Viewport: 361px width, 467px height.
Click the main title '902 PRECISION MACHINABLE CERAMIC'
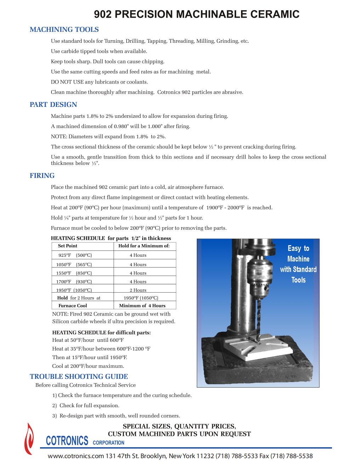pyautogui.click(x=196, y=15)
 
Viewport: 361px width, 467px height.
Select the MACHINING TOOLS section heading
pyautogui.click(x=64, y=29)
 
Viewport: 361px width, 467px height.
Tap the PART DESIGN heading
pyautogui.click(x=53, y=104)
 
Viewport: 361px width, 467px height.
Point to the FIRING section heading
pyautogui.click(x=42, y=175)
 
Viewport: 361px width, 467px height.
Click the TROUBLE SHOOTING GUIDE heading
pyautogui.click(x=79, y=376)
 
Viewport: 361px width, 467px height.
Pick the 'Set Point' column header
pyautogui.click(x=67, y=246)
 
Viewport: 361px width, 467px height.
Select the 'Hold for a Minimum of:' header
pyautogui.click(x=144, y=246)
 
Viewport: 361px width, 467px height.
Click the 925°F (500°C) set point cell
pyautogui.click(x=75, y=255)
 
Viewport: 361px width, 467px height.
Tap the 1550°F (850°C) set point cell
pyautogui.click(x=74, y=273)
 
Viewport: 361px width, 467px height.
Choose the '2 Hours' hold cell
pyautogui.click(x=138, y=290)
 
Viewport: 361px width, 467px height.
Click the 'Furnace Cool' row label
pyautogui.click(x=73, y=306)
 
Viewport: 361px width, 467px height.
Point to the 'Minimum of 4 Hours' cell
pyautogui.click(x=142, y=306)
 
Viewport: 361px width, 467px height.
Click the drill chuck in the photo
pyautogui.click(x=259, y=276)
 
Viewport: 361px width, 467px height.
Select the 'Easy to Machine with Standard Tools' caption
pyautogui.click(x=298, y=264)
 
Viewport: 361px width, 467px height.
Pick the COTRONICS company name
pyautogui.click(x=67, y=441)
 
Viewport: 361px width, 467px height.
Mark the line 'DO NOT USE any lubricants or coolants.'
pyautogui.click(x=99, y=82)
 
